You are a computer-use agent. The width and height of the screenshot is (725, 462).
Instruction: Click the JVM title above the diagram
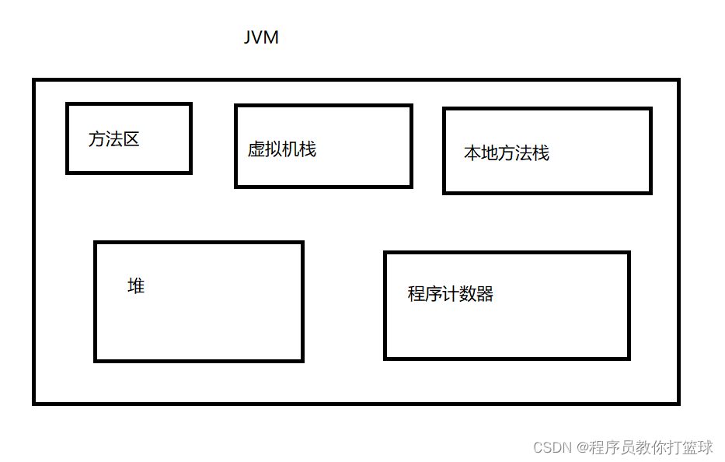pyautogui.click(x=261, y=37)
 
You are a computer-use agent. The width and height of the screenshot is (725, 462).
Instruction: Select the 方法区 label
pyautogui.click(x=113, y=140)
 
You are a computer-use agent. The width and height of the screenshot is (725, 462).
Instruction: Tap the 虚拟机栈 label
pyautogui.click(x=282, y=149)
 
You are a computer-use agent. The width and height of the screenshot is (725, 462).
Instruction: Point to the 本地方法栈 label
pyautogui.click(x=507, y=153)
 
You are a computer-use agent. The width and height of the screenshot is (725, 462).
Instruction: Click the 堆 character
pyautogui.click(x=136, y=286)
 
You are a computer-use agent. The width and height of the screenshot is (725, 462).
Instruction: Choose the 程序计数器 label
pyautogui.click(x=451, y=294)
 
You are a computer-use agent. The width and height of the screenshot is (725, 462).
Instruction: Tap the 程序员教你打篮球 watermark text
pyautogui.click(x=651, y=448)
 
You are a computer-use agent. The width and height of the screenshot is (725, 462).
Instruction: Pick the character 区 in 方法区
pyautogui.click(x=131, y=140)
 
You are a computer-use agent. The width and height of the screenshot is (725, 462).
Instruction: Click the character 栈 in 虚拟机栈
pyautogui.click(x=308, y=149)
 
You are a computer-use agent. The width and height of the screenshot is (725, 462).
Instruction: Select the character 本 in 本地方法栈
pyautogui.click(x=472, y=153)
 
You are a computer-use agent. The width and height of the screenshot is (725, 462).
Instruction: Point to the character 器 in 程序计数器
pyautogui.click(x=485, y=294)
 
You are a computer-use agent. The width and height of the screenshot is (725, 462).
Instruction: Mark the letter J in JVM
pyautogui.click(x=249, y=37)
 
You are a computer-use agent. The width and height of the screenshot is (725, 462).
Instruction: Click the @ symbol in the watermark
pyautogui.click(x=582, y=448)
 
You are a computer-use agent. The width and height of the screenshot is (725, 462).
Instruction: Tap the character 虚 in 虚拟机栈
pyautogui.click(x=256, y=149)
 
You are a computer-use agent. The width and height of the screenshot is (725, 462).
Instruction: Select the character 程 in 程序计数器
pyautogui.click(x=417, y=294)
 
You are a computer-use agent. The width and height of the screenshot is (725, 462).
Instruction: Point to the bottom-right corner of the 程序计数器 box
pyautogui.click(x=628, y=358)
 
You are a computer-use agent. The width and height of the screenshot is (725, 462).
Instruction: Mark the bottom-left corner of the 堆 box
pyautogui.click(x=96, y=360)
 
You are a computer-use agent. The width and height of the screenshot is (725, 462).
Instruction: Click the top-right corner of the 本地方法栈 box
pyautogui.click(x=650, y=109)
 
